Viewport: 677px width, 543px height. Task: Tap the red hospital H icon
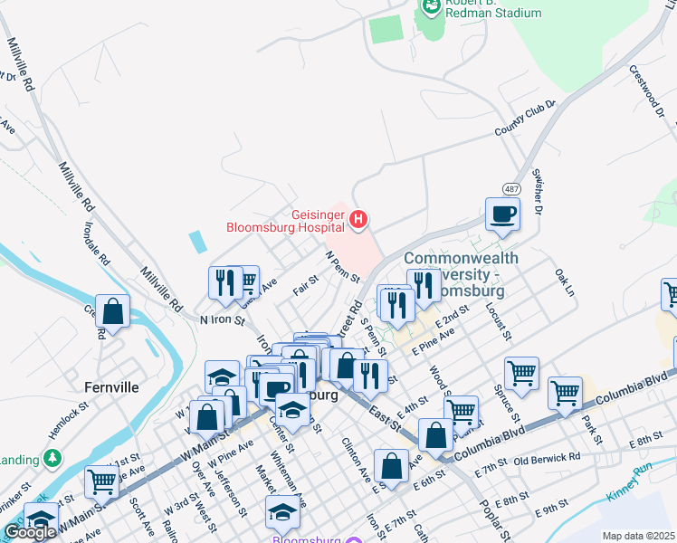coord(359,219)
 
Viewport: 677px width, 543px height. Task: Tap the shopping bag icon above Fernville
coord(113,312)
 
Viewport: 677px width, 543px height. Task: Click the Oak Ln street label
coord(564,281)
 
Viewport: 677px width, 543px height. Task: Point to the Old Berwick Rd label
coord(548,458)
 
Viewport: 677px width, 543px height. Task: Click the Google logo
coord(30,531)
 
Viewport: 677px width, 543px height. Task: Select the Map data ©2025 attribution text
coord(638,536)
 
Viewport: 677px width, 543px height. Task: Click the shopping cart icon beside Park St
coord(565,393)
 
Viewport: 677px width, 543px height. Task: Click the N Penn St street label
coord(343,267)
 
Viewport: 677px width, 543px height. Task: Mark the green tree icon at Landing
coord(54,457)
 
